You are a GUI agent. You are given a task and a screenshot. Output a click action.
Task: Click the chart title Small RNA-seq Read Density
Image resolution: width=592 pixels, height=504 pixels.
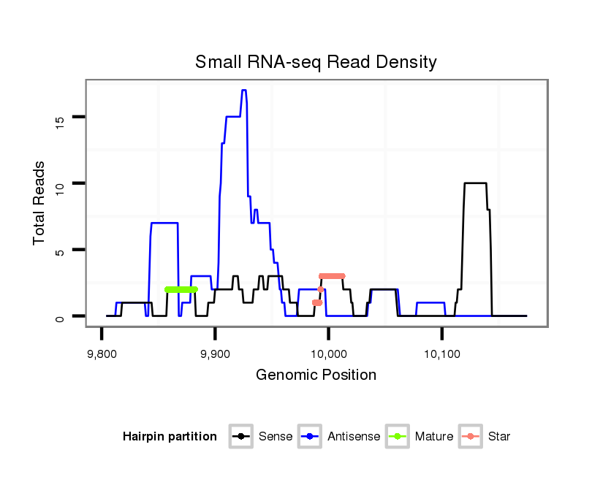(x=316, y=62)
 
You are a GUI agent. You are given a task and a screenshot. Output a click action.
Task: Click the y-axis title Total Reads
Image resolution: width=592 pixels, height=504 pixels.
(x=39, y=202)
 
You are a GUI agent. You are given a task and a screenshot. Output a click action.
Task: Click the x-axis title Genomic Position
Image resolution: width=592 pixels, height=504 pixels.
(x=316, y=375)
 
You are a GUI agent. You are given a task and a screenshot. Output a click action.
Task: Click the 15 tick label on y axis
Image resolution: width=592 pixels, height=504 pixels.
(x=61, y=117)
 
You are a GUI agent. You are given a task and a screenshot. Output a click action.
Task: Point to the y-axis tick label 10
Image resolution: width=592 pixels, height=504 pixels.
(x=61, y=183)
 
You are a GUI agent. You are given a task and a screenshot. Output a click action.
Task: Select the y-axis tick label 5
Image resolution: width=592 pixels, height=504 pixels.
(x=61, y=250)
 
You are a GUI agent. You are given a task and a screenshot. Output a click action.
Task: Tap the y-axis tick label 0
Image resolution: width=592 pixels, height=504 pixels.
(x=61, y=316)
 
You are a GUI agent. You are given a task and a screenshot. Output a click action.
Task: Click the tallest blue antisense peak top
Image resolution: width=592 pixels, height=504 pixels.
(x=243, y=91)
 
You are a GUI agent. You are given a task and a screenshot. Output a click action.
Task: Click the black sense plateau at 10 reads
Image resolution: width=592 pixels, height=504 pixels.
(x=475, y=183)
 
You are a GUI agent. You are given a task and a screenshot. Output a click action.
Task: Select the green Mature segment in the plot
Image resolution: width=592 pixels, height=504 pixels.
(x=181, y=289)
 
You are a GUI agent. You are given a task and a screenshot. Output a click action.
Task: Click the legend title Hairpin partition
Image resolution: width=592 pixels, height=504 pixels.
(x=170, y=437)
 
